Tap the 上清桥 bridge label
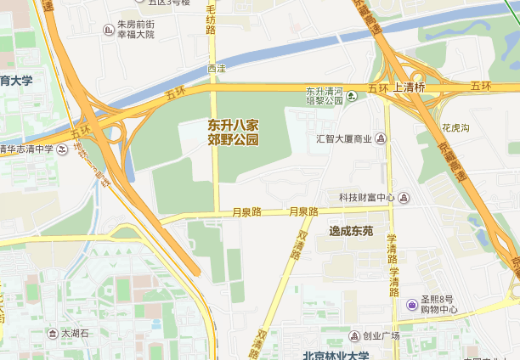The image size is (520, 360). click(x=409, y=87)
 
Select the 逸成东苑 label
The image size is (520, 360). click(x=351, y=230)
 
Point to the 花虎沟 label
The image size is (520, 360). click(x=455, y=128)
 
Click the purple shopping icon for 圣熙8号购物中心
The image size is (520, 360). click(x=411, y=304)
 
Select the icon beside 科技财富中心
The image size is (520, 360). click(x=404, y=198)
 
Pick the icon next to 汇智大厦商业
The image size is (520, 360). click(x=382, y=138)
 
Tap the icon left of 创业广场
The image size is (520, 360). click(x=353, y=336)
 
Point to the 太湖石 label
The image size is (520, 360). click(x=75, y=334)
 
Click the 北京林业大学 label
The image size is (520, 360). click(x=337, y=355)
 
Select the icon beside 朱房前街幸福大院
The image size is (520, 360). click(x=108, y=30)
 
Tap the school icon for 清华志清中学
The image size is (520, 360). click(x=61, y=149)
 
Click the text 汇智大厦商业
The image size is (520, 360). click(x=344, y=138)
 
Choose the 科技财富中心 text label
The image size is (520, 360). click(x=366, y=198)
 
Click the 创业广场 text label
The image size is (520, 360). click(x=381, y=336)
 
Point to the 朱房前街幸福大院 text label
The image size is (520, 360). click(x=136, y=30)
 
